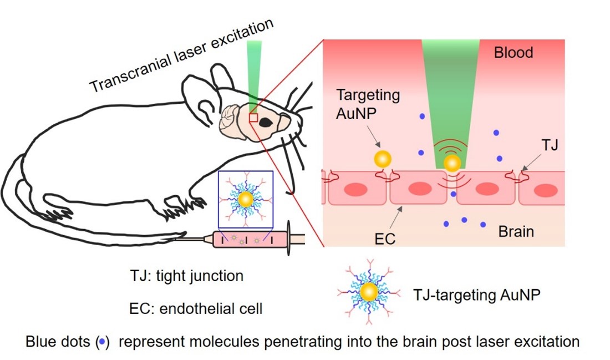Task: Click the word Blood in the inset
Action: [x=514, y=53]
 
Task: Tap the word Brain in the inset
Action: [x=516, y=231]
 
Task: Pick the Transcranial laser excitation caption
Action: [x=182, y=56]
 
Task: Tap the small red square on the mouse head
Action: [x=253, y=117]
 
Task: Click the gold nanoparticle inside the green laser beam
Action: [x=453, y=163]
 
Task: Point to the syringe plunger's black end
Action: [x=288, y=240]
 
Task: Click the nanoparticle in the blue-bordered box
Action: [x=245, y=199]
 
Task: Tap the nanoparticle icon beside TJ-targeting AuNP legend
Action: [x=369, y=292]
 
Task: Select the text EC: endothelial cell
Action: [x=195, y=308]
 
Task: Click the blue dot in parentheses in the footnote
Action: [x=101, y=342]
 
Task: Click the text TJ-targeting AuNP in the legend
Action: [x=477, y=295]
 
